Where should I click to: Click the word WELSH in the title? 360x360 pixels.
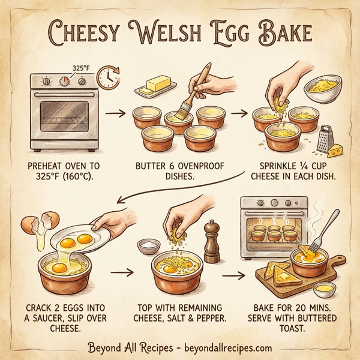tap(179, 32)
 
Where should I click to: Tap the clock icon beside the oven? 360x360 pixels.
tap(107, 76)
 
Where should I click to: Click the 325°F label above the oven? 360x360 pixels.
tap(81, 68)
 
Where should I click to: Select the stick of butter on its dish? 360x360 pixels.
tap(155, 84)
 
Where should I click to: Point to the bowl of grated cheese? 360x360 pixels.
tap(323, 89)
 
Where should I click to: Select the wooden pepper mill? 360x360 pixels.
tap(211, 240)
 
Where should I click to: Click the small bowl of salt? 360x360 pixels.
tap(146, 245)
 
